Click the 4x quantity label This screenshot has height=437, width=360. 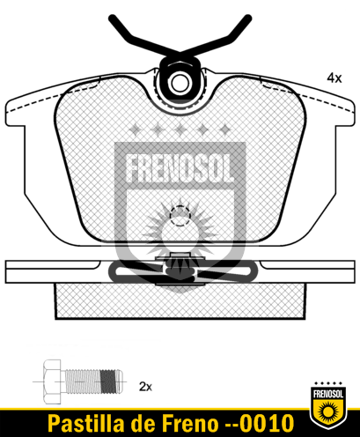pos(334,78)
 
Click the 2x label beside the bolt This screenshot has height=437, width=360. pos(145,386)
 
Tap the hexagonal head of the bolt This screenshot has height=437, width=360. pos(52,381)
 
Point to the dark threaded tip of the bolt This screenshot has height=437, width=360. pos(112,381)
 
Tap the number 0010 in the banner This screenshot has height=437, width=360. pos(266,424)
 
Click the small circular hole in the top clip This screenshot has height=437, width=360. pos(180,84)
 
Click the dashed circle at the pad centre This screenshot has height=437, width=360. pos(180,216)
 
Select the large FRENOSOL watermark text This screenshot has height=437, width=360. pos(180,168)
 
